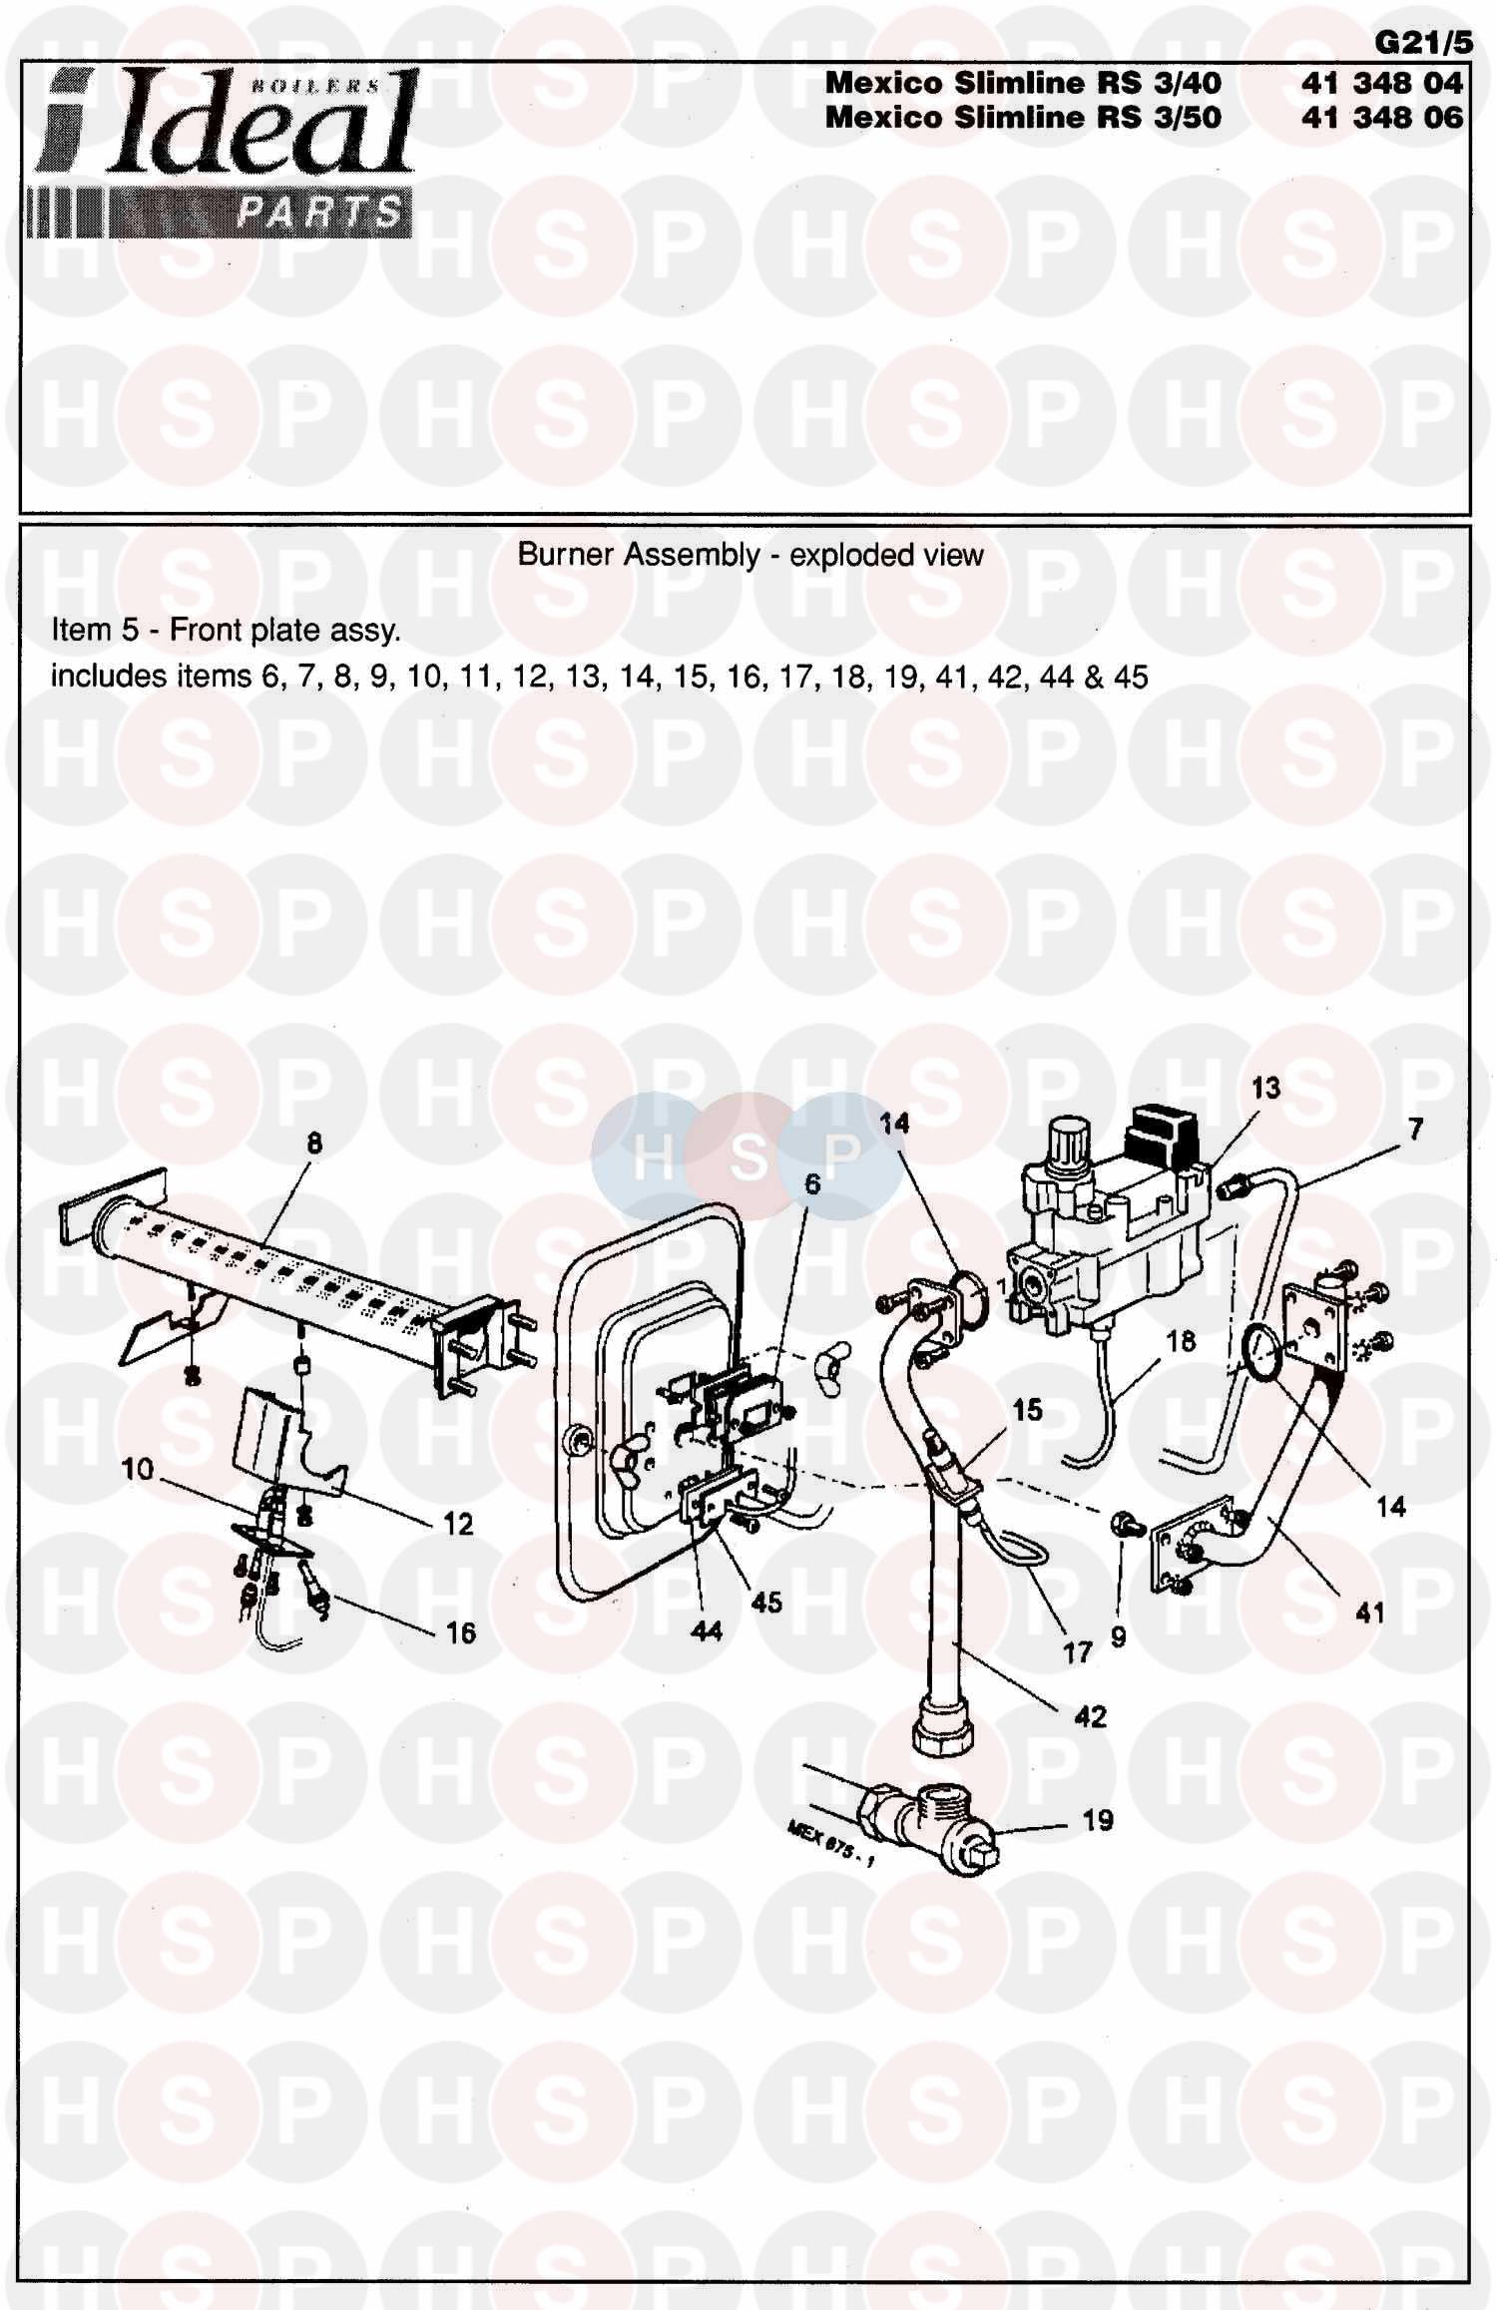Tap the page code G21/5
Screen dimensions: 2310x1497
(1417, 43)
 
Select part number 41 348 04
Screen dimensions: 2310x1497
(1381, 83)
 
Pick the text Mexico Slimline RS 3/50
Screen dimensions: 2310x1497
(1023, 118)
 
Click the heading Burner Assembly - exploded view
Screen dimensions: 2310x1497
(749, 555)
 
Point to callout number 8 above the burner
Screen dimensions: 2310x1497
(314, 1144)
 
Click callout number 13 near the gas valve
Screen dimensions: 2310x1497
(1265, 1089)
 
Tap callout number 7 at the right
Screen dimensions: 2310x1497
(1415, 1130)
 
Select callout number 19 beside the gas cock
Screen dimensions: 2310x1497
(1098, 1820)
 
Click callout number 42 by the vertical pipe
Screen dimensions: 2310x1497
(1090, 1716)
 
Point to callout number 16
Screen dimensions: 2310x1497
(460, 1633)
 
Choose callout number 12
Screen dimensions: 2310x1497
(458, 1524)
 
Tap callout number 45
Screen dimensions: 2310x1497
(766, 1603)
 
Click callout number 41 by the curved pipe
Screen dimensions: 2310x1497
(1370, 1613)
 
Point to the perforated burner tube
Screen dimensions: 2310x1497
(269, 1267)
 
